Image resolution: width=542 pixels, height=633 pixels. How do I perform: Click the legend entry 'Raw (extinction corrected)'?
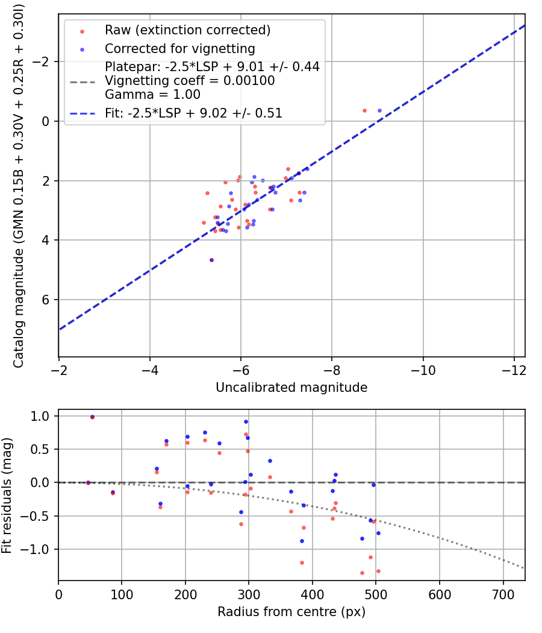[x=187, y=30]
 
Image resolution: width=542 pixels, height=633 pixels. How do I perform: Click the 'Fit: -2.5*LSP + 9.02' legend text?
[x=193, y=113]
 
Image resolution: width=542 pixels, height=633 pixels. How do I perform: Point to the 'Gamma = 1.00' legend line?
[x=152, y=95]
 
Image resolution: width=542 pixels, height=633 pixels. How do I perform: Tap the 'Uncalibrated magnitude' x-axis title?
[x=291, y=388]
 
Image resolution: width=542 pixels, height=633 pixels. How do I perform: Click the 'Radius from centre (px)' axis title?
[x=291, y=611]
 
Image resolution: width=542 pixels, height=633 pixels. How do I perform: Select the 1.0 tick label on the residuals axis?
[x=40, y=416]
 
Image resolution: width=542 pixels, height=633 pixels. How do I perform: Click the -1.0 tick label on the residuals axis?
[x=37, y=549]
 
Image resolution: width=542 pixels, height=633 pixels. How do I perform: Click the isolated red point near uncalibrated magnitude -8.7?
[x=364, y=110]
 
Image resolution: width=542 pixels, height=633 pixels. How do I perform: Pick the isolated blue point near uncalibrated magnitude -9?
[x=379, y=110]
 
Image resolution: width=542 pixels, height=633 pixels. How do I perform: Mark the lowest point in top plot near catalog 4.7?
[x=211, y=260]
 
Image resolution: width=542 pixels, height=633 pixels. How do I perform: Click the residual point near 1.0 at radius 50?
[x=92, y=417]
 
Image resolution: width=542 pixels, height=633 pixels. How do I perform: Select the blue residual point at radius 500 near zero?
[x=373, y=485]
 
